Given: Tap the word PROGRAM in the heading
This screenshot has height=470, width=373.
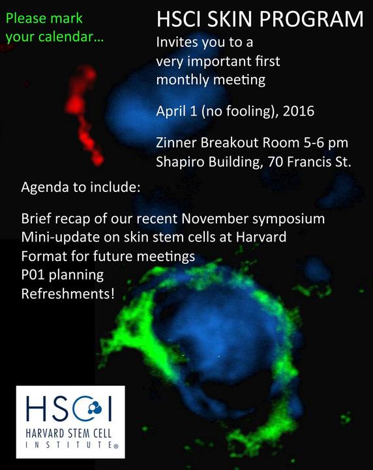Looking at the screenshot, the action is [311, 19].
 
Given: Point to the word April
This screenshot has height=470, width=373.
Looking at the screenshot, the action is [170, 112].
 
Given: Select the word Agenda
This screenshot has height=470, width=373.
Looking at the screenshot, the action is [45, 187].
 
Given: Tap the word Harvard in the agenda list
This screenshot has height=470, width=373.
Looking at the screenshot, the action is [261, 237].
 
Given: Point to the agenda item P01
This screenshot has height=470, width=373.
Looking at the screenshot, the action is [33, 275].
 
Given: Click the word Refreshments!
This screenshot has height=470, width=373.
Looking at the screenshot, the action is [68, 294].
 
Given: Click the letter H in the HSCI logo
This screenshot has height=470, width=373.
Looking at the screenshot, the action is [36, 409].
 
